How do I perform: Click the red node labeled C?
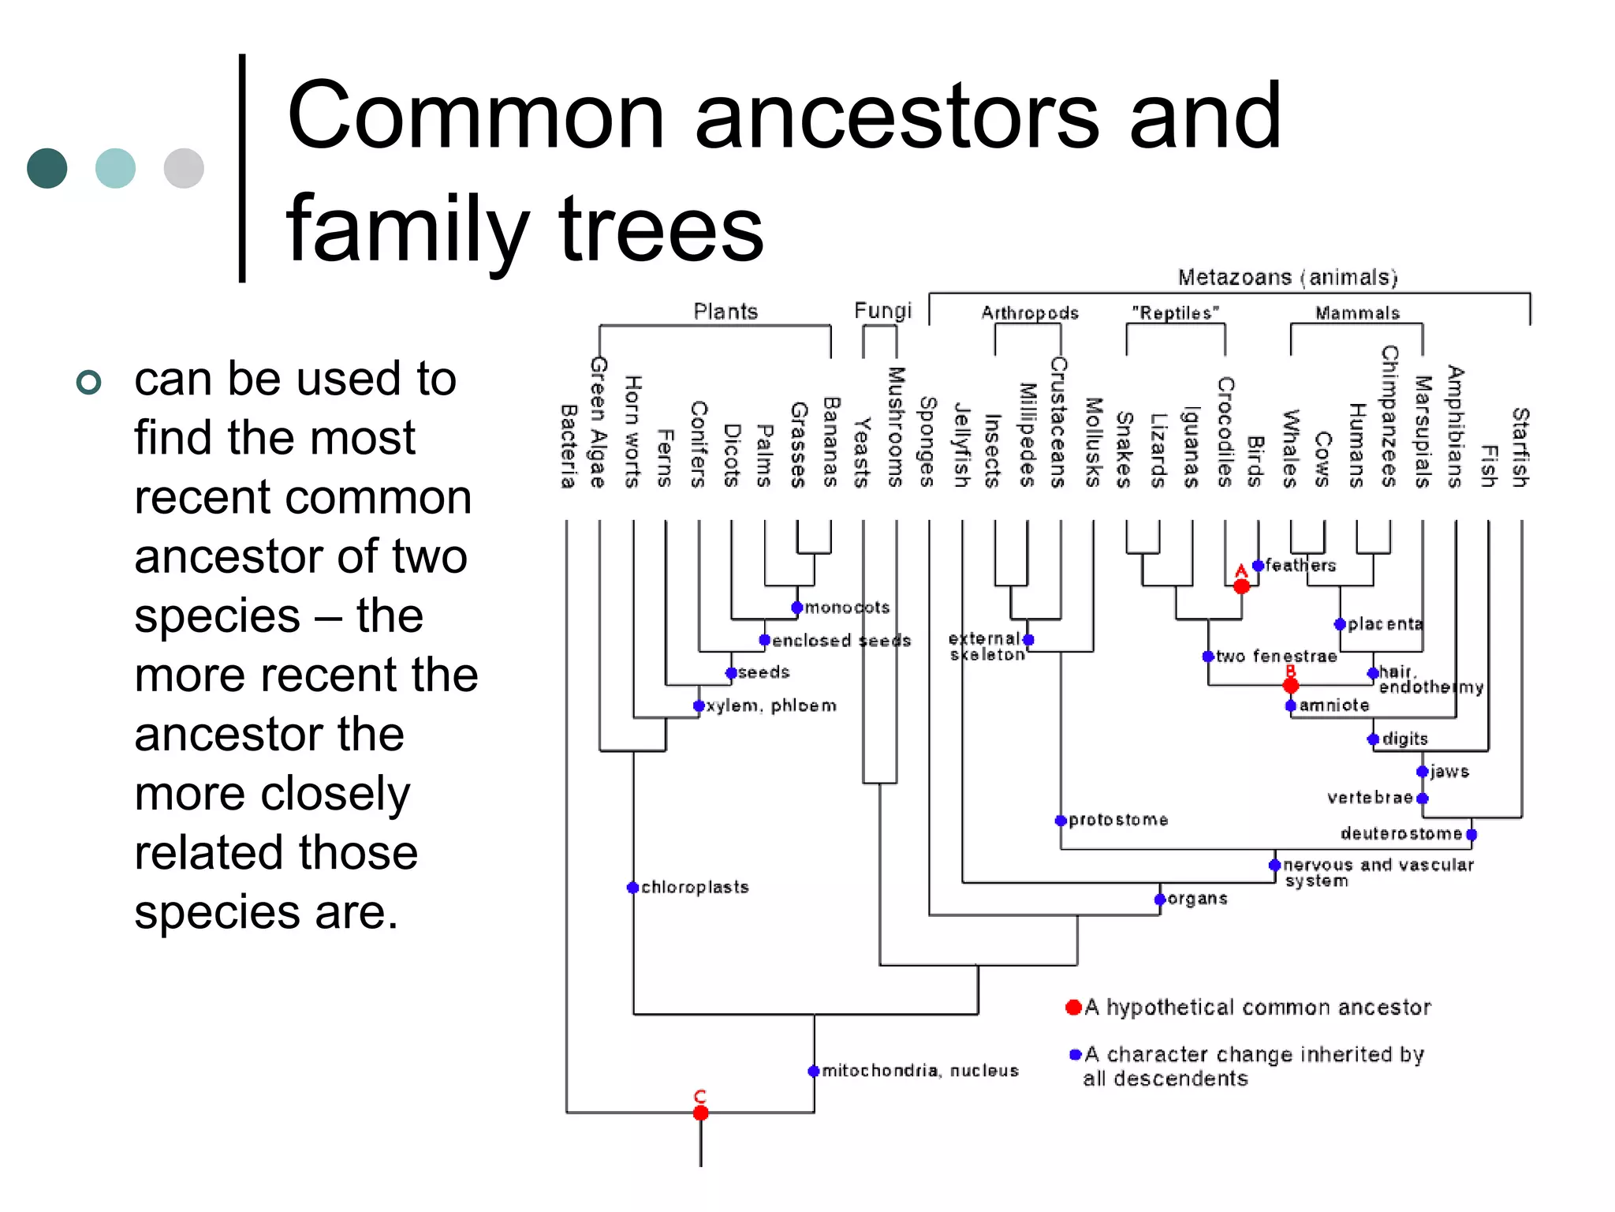point(700,1113)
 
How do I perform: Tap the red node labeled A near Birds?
point(1241,586)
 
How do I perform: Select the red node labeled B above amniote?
point(1291,686)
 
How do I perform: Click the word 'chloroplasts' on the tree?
point(694,887)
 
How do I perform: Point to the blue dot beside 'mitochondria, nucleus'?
point(814,1071)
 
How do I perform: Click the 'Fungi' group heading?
point(882,311)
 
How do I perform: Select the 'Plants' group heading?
point(725,312)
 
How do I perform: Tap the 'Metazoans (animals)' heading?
point(1287,278)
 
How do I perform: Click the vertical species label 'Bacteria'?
point(568,447)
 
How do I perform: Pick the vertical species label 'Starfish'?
point(1520,447)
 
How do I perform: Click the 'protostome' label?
point(1118,820)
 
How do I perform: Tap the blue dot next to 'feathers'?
point(1259,565)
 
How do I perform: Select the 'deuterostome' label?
point(1401,833)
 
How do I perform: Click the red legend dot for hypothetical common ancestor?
point(1073,1007)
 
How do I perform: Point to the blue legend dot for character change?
point(1075,1054)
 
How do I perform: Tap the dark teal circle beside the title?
point(47,168)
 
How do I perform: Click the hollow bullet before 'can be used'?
point(89,383)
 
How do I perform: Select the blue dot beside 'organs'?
point(1160,900)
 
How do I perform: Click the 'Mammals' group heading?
point(1357,313)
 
